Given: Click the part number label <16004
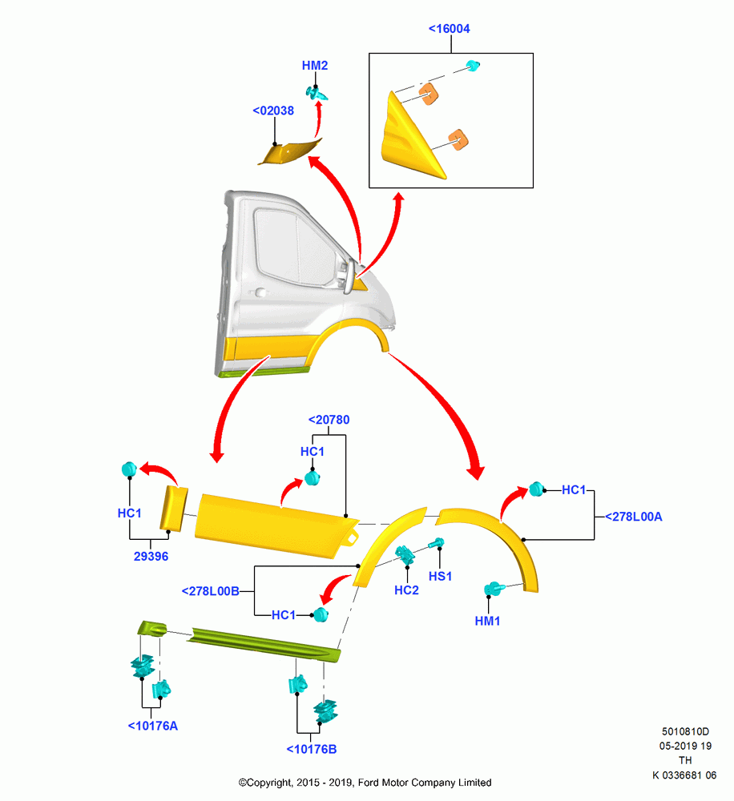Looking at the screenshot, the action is [449, 29].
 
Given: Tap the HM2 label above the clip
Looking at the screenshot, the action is [314, 66].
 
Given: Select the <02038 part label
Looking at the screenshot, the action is [273, 111].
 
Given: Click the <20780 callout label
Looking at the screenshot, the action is [329, 420].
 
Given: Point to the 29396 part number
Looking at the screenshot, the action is [151, 556].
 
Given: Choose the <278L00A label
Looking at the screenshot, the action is [633, 517].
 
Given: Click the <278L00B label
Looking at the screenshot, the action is [210, 591].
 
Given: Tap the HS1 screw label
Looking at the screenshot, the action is [440, 576].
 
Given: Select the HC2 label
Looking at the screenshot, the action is [406, 590].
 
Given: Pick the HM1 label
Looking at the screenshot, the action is [487, 621].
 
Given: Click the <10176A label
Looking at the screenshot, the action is [153, 726].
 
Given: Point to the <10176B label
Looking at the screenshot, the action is [311, 749].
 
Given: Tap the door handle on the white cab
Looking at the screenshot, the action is [260, 292].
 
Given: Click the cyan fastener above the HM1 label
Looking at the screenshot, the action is [494, 589].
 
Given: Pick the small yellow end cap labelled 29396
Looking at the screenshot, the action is [174, 509].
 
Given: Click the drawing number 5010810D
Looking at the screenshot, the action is [685, 731].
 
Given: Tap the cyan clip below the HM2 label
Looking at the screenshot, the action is [317, 93].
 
